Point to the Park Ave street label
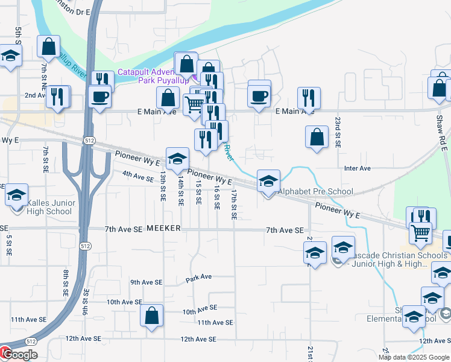click(x=198, y=278)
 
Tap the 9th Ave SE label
click(x=147, y=282)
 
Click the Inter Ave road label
click(x=357, y=168)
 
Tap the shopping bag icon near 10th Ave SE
click(x=151, y=315)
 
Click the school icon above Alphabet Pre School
click(x=269, y=180)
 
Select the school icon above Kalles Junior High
click(x=16, y=194)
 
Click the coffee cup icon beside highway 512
click(x=99, y=96)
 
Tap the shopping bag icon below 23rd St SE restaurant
click(x=317, y=137)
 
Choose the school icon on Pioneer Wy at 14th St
click(x=177, y=159)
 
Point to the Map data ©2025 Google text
click(x=414, y=357)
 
